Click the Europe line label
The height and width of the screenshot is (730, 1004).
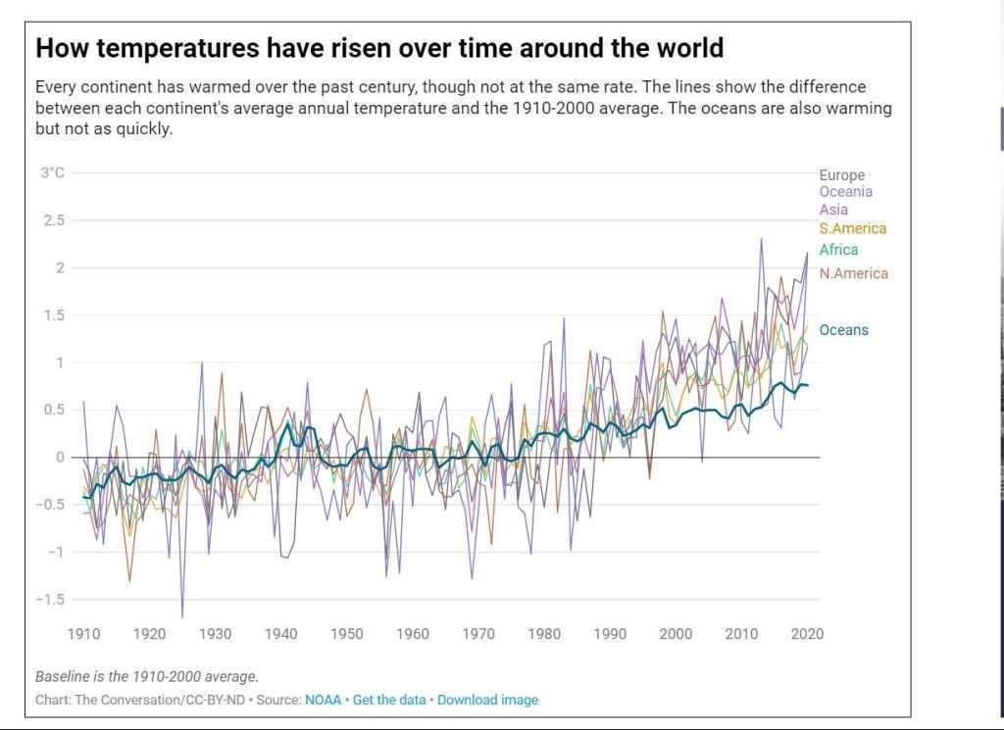pyautogui.click(x=842, y=175)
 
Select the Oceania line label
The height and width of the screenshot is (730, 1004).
pyautogui.click(x=845, y=192)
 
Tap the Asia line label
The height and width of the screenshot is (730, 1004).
pyautogui.click(x=833, y=210)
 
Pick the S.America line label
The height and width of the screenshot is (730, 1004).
pyautogui.click(x=852, y=228)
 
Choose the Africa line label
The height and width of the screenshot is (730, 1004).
pyautogui.click(x=838, y=250)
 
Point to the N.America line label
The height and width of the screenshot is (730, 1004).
pyautogui.click(x=853, y=273)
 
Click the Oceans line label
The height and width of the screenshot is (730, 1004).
pyautogui.click(x=843, y=330)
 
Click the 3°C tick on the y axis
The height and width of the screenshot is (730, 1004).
pyautogui.click(x=52, y=173)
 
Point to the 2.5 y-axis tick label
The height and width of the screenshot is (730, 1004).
pyautogui.click(x=52, y=220)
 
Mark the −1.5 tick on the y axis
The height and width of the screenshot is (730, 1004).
pyautogui.click(x=50, y=600)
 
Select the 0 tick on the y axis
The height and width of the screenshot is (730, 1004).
pyautogui.click(x=59, y=458)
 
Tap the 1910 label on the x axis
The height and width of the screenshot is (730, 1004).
pyautogui.click(x=83, y=634)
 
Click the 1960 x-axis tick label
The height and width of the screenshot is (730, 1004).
pyautogui.click(x=412, y=634)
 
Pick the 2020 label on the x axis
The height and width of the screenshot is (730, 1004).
pyautogui.click(x=807, y=634)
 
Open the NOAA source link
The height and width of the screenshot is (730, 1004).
pyautogui.click(x=323, y=700)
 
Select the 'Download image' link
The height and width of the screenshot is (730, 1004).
pyautogui.click(x=487, y=700)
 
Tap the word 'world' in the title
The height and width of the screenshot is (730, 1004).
pyautogui.click(x=685, y=47)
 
